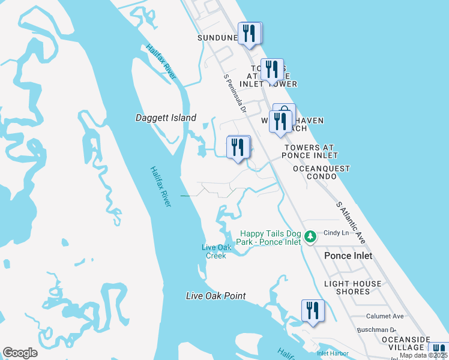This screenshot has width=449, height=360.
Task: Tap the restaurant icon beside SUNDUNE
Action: (250, 34)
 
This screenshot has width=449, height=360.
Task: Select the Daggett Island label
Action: (166, 118)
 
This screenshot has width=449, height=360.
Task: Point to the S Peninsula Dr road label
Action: (235, 94)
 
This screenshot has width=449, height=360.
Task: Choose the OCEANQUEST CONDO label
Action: (321, 173)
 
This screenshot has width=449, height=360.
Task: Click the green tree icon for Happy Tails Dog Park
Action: (310, 237)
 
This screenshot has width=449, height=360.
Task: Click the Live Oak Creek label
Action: (214, 251)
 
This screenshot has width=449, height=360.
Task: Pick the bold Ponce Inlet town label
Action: (348, 256)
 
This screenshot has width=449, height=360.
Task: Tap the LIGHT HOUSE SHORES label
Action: (352, 287)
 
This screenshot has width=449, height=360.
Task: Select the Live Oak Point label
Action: (216, 296)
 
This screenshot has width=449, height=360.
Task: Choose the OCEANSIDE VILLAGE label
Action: (406, 343)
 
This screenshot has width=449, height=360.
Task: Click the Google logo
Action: (20, 353)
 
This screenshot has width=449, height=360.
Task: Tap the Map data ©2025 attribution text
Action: (424, 355)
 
